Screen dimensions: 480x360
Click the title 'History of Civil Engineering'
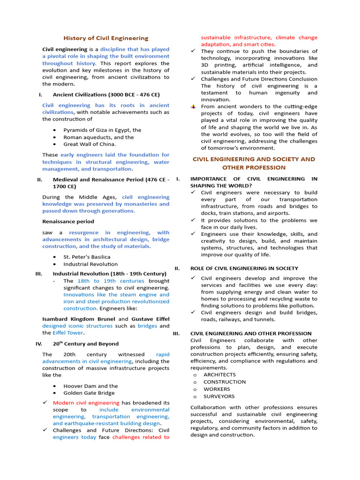(105, 38)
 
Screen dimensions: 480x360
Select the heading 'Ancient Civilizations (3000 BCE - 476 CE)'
(106, 95)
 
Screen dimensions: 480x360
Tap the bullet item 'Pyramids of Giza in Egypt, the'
(102, 130)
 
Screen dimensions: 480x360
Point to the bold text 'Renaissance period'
(68, 221)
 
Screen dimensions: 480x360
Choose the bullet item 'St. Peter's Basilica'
(87, 257)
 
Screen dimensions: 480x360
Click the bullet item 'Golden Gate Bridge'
(89, 393)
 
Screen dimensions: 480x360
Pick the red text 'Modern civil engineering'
(86, 403)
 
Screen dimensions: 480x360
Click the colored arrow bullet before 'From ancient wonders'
(193, 106)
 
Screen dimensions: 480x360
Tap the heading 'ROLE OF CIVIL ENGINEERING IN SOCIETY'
(244, 268)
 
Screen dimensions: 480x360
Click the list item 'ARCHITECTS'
(219, 375)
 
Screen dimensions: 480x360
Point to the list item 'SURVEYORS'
(219, 396)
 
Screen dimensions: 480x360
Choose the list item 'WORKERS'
(217, 389)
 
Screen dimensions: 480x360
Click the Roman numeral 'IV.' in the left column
(39, 344)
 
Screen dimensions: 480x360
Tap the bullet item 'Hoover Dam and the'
(90, 386)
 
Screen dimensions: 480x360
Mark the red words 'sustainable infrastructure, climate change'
(259, 37)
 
